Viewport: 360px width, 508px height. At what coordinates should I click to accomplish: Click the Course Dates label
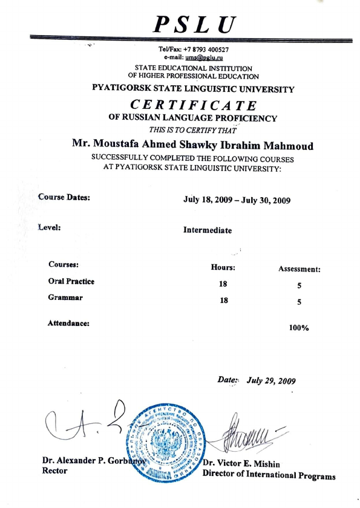click(64, 197)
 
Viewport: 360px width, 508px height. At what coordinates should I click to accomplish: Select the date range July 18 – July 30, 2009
click(237, 200)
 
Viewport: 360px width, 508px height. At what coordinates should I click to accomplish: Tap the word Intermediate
click(207, 230)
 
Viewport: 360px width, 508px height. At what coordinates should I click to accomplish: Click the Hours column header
click(223, 267)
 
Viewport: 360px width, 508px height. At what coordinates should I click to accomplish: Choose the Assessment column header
click(299, 269)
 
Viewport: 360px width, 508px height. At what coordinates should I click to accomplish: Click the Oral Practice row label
click(71, 281)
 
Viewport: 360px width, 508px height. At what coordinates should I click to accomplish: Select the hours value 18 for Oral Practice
click(223, 283)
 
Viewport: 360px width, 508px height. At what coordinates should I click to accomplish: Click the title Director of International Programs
click(269, 474)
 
